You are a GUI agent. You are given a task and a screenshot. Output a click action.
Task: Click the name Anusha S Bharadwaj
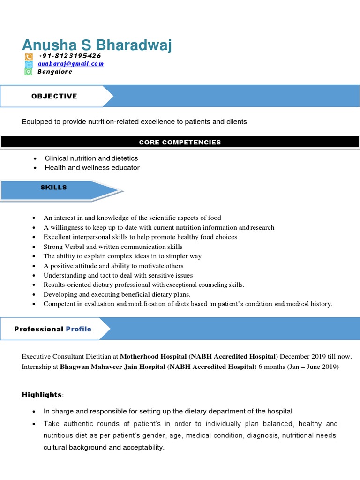(97, 45)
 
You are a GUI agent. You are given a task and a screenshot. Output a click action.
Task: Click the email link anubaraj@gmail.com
(71, 64)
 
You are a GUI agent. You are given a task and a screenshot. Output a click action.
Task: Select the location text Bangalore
(55, 72)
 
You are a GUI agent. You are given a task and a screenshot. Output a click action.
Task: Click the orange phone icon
(29, 57)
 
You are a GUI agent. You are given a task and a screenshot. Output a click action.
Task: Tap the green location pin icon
(29, 72)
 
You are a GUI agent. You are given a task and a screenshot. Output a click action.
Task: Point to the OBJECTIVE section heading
(54, 96)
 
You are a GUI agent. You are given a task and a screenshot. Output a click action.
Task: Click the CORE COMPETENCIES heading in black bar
(180, 142)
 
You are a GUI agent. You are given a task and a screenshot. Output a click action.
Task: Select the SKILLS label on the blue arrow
(53, 187)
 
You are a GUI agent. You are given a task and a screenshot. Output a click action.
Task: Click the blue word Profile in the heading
(78, 329)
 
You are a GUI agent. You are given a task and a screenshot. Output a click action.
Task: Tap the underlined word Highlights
(42, 395)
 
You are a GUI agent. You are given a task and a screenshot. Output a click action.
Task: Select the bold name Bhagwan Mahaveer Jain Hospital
(112, 367)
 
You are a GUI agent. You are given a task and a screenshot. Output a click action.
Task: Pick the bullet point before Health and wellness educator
(35, 168)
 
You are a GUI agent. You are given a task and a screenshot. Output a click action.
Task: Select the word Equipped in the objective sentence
(37, 122)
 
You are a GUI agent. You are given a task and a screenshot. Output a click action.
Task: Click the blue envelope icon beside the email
(29, 64)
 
